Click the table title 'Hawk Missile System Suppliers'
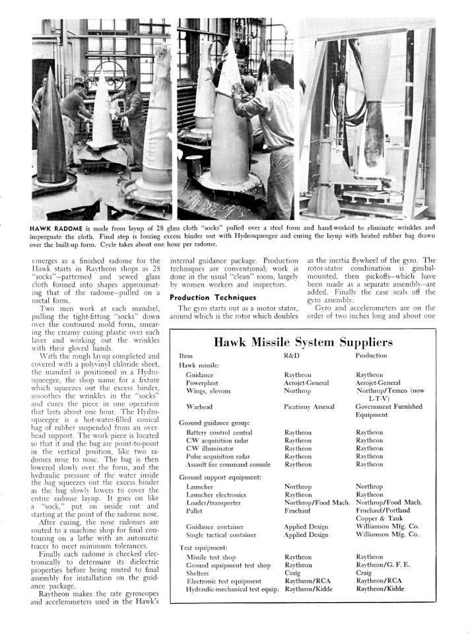click(x=304, y=342)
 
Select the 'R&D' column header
click(x=292, y=356)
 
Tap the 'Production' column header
click(x=372, y=356)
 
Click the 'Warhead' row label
click(x=199, y=407)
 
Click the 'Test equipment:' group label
click(x=205, y=547)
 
